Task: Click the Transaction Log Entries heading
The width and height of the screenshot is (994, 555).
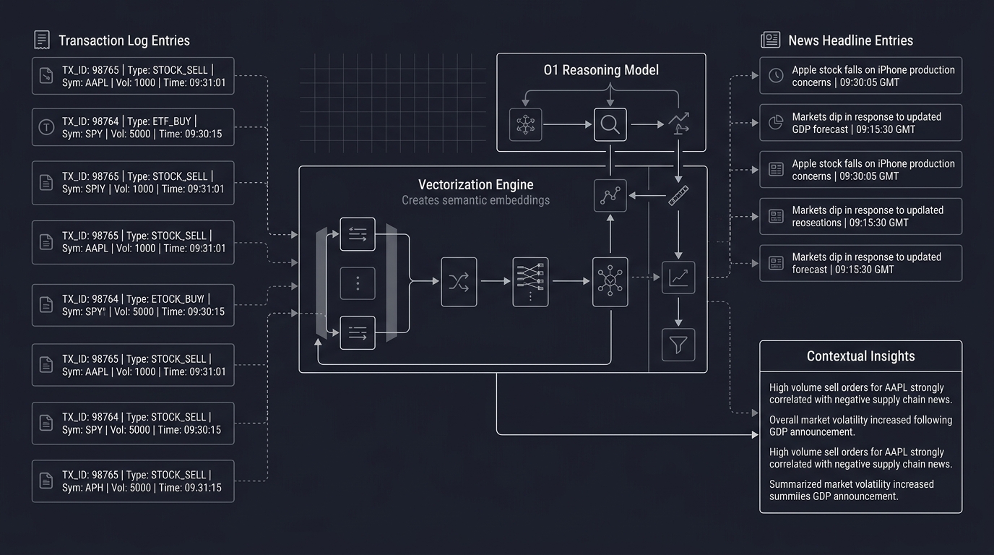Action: pyautogui.click(x=124, y=40)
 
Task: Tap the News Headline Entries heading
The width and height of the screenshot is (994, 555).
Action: pyautogui.click(x=850, y=40)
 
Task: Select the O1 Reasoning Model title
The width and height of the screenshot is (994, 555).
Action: pyautogui.click(x=601, y=70)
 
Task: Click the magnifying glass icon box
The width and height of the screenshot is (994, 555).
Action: pyautogui.click(x=610, y=124)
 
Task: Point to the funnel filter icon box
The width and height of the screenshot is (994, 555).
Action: pyautogui.click(x=678, y=345)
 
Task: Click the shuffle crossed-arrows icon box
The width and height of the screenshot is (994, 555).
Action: pyautogui.click(x=459, y=282)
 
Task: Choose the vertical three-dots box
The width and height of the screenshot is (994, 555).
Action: pyautogui.click(x=358, y=283)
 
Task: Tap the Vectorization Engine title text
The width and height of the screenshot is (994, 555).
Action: pyautogui.click(x=475, y=185)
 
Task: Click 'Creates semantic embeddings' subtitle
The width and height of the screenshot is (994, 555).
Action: pyautogui.click(x=475, y=200)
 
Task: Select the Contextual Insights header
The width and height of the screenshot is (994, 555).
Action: pyautogui.click(x=860, y=356)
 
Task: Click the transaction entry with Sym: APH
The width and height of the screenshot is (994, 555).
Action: pyautogui.click(x=133, y=481)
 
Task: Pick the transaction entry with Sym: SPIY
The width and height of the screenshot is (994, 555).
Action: pyautogui.click(x=133, y=183)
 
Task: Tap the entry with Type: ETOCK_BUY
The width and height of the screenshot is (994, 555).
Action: pyautogui.click(x=133, y=305)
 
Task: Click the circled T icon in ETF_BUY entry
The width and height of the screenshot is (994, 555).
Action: pyautogui.click(x=46, y=128)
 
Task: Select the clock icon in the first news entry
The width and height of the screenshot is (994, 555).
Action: pyautogui.click(x=776, y=76)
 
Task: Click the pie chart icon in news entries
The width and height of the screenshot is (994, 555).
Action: pyautogui.click(x=776, y=123)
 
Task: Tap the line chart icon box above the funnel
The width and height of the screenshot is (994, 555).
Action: pyautogui.click(x=678, y=277)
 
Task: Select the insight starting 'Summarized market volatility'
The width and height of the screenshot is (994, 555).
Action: pyautogui.click(x=852, y=490)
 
